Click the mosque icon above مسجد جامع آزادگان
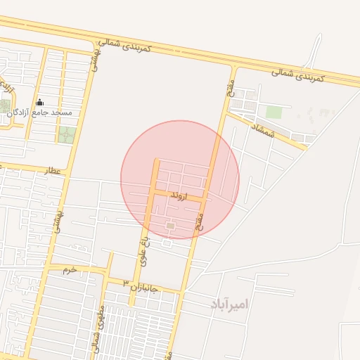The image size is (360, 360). tap(39, 103)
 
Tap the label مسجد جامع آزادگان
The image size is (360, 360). tap(39, 112)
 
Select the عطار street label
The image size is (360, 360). tap(53, 170)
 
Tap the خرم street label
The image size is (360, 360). tap(68, 269)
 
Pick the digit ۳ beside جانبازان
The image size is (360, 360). tap(126, 283)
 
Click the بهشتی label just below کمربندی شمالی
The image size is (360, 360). tap(93, 63)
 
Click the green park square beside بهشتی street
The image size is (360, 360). tap(66, 135)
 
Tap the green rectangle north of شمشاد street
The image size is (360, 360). tap(274, 112)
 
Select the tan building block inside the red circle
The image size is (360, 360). tap(170, 225)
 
